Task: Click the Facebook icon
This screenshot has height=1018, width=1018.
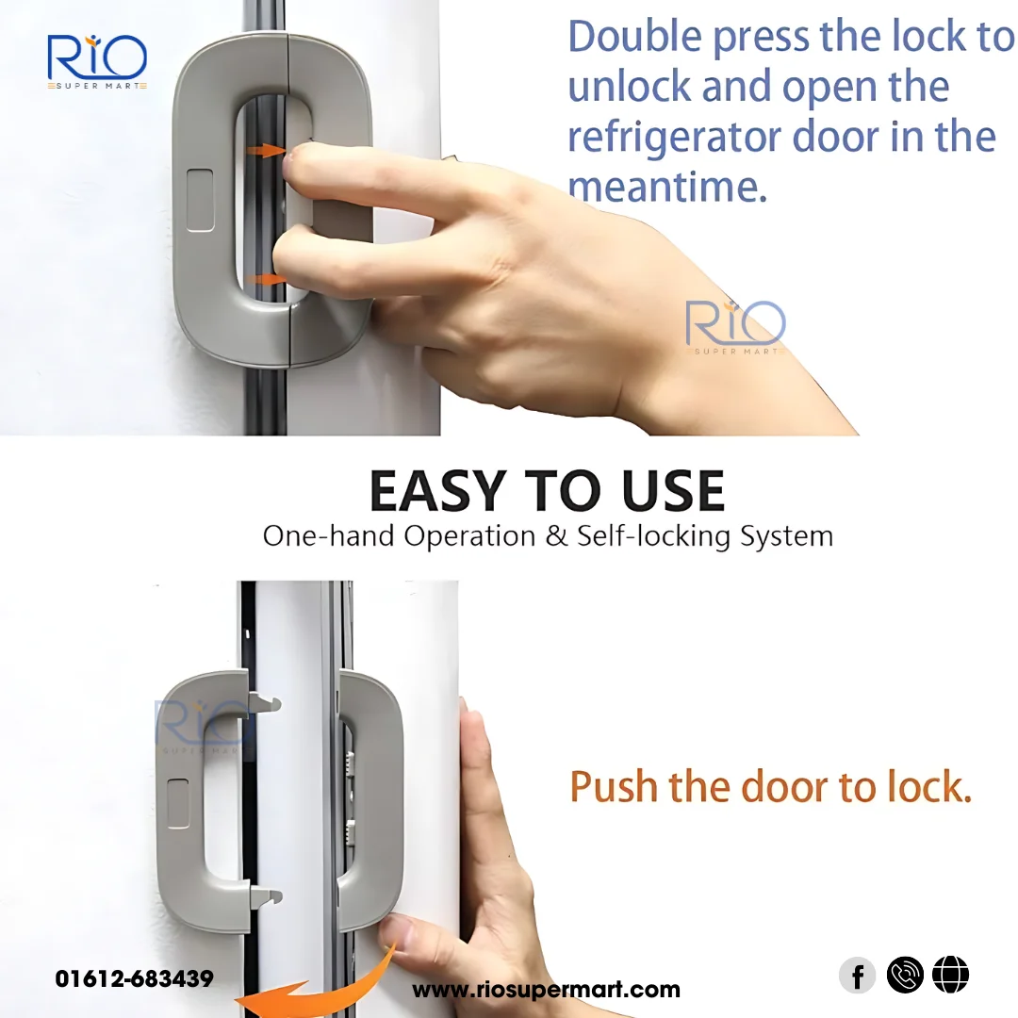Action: pyautogui.click(x=857, y=976)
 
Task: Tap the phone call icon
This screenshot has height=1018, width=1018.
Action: pyautogui.click(x=905, y=976)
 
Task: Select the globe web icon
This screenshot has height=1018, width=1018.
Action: pyautogui.click(x=950, y=976)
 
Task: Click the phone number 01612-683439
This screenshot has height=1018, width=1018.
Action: pyautogui.click(x=134, y=979)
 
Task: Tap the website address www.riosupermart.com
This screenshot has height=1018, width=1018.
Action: pyautogui.click(x=546, y=990)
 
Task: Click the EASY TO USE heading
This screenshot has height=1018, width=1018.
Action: pyautogui.click(x=547, y=491)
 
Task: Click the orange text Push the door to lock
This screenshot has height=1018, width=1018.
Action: pyautogui.click(x=770, y=787)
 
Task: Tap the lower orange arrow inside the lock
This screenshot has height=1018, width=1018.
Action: pyautogui.click(x=271, y=280)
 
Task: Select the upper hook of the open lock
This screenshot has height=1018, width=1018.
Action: pyautogui.click(x=266, y=702)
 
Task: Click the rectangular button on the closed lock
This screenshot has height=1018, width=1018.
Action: pyautogui.click(x=200, y=200)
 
